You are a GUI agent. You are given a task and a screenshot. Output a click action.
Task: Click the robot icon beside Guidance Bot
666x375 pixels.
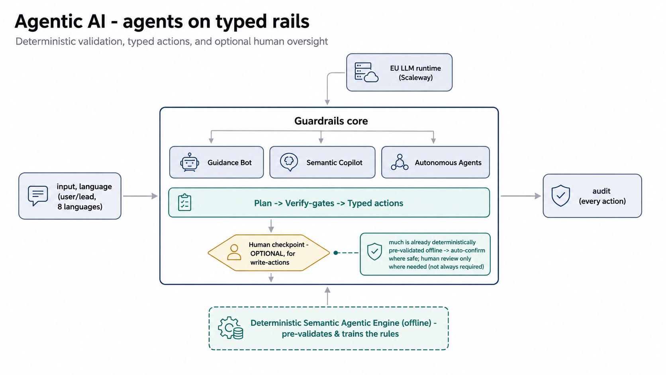click(x=189, y=162)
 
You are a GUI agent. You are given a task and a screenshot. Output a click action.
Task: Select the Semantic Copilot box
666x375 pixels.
click(x=322, y=162)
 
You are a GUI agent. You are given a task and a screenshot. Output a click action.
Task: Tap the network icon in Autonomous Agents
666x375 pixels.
click(x=400, y=162)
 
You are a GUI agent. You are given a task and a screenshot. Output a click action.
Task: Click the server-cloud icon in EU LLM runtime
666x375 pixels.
click(x=366, y=72)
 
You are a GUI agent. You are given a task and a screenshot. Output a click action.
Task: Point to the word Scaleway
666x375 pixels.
click(x=416, y=78)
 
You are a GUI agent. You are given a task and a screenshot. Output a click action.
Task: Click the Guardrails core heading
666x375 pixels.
click(x=331, y=121)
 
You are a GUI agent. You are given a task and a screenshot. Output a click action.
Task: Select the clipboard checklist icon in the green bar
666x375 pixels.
click(x=184, y=202)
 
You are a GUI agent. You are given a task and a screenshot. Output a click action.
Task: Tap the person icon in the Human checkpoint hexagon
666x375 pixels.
click(x=234, y=253)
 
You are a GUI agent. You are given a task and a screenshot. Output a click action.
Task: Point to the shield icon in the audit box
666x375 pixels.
click(x=560, y=195)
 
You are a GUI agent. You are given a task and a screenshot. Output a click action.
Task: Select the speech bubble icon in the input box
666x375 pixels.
click(x=38, y=196)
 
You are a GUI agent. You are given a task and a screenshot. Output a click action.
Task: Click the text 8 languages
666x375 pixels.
click(x=80, y=207)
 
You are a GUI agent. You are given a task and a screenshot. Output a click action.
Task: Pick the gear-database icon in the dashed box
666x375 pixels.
click(x=230, y=328)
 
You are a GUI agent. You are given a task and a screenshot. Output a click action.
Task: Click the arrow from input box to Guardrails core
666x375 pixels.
click(x=140, y=196)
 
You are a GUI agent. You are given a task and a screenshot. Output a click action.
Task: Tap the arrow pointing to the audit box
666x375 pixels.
click(x=521, y=196)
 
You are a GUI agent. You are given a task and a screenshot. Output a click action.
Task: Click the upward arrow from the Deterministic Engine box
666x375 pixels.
click(x=327, y=296)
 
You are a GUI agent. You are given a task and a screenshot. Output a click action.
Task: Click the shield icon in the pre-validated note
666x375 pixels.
click(x=374, y=251)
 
